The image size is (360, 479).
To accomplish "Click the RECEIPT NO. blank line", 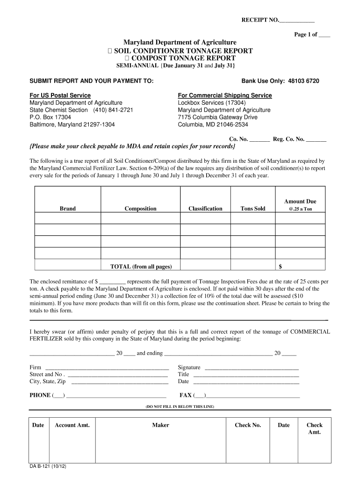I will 296,21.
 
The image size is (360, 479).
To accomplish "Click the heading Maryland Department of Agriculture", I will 180,43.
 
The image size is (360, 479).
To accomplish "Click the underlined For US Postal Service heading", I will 60,95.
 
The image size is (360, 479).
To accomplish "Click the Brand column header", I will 67,209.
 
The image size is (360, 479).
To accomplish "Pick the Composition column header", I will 140,209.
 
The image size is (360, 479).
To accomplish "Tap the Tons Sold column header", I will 252,209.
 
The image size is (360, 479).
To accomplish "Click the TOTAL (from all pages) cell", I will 141,267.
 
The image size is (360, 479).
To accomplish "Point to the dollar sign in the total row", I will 280,267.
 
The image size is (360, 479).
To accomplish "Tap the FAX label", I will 186,395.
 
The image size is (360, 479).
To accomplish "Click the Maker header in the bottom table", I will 160,425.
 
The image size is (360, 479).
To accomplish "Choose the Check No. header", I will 248,425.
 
